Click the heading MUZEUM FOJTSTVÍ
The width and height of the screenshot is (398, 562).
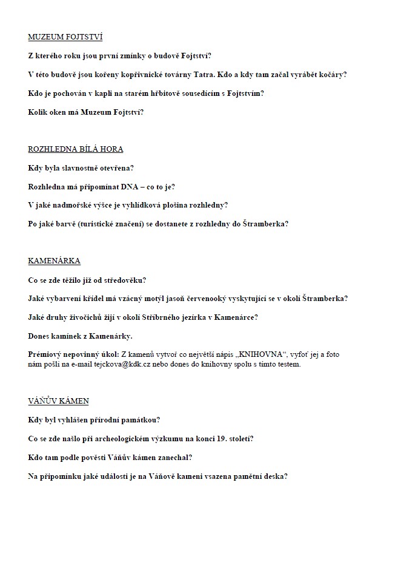tap(65, 37)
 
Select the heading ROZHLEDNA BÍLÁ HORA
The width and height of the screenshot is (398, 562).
tap(76, 149)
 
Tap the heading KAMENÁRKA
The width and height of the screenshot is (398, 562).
tap(54, 261)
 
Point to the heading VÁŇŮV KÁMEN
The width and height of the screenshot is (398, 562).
tap(58, 401)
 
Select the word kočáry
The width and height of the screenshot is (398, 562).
tap(331, 75)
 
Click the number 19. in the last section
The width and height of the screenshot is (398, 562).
tap(215, 439)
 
